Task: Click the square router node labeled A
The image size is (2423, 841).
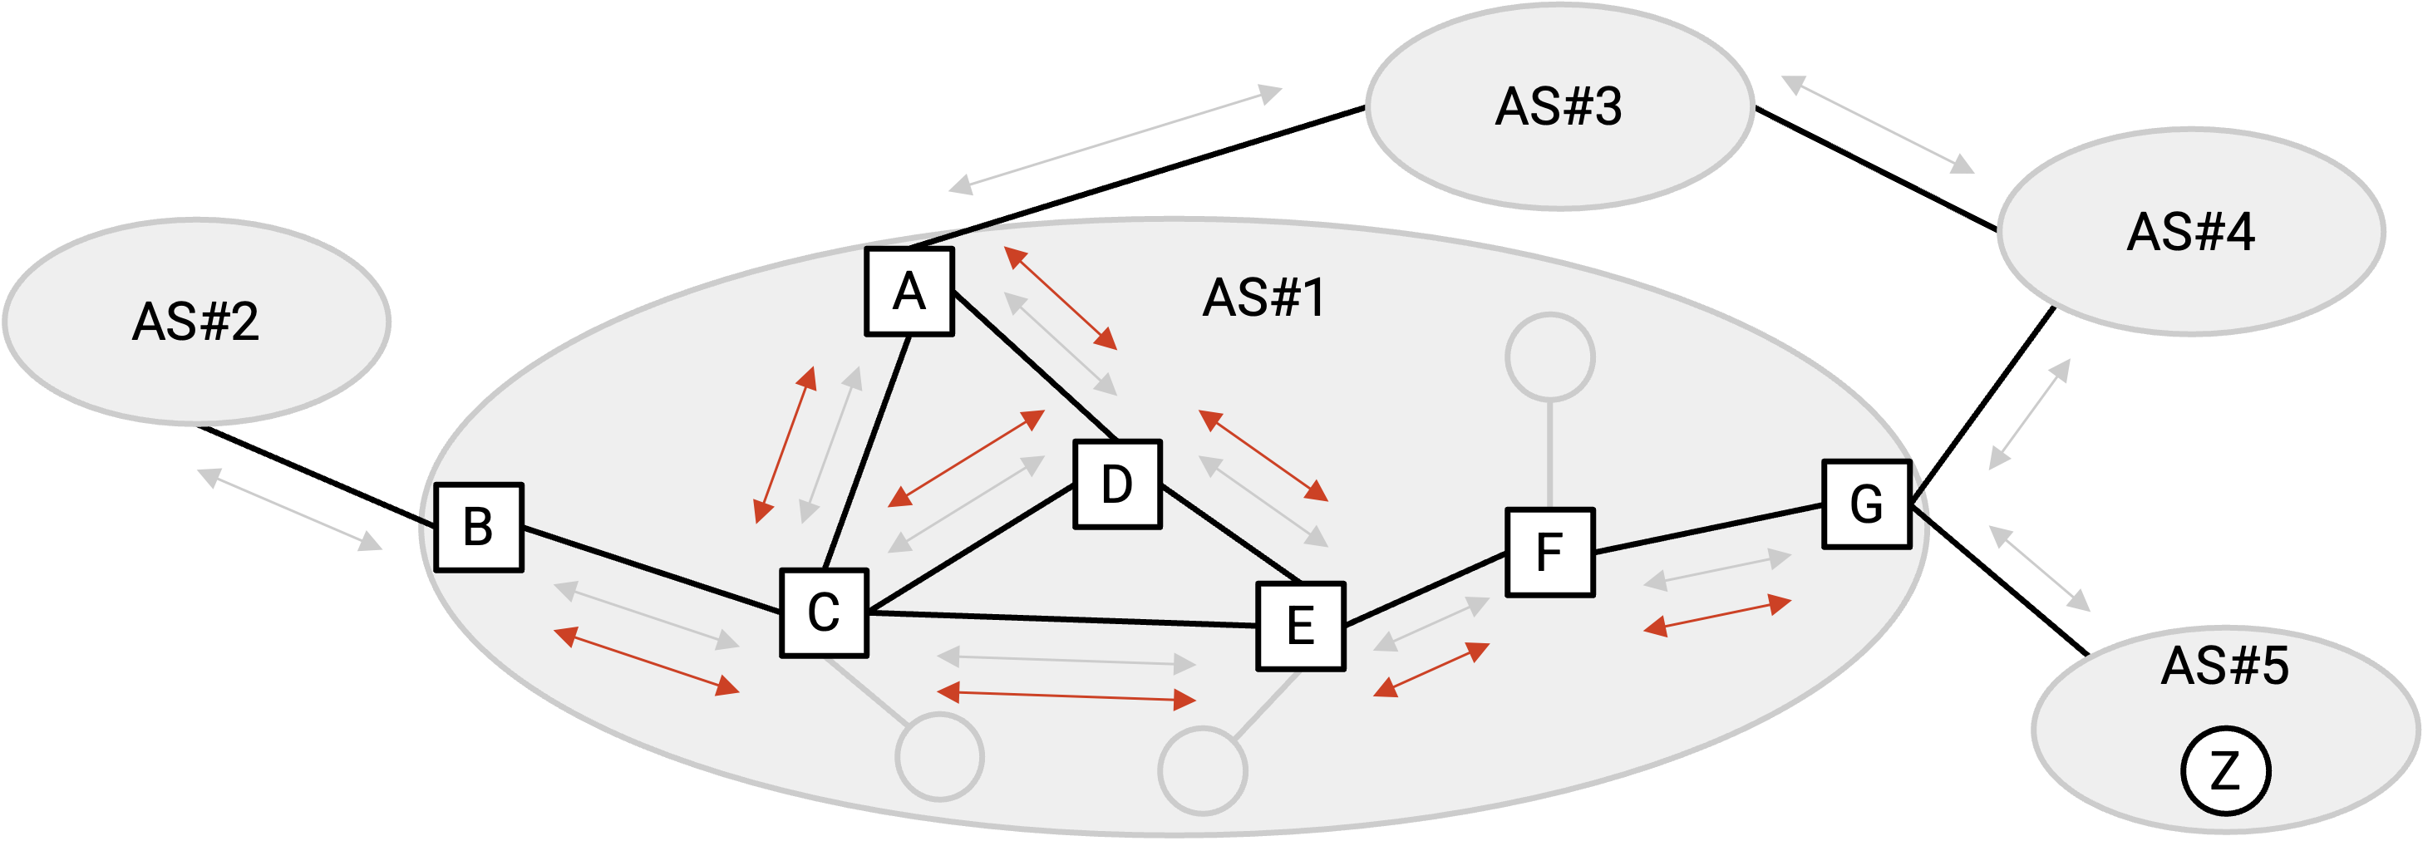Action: pos(909,292)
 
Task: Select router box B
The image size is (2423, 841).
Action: pos(479,528)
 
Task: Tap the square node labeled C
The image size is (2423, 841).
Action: pos(824,613)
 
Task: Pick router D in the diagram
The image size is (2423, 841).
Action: pos(1117,484)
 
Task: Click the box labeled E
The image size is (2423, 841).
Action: pos(1301,627)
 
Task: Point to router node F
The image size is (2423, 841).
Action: pos(1550,552)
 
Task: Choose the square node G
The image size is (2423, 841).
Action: pos(1867,504)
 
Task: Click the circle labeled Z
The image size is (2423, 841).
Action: pos(2225,770)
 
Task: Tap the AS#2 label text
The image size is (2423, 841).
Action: pos(195,322)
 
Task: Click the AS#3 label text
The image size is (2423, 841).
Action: pos(1559,106)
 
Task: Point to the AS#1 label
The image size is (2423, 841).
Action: pos(1264,298)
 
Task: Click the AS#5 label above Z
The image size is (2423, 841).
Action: pos(2224,666)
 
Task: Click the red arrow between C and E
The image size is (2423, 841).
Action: pos(1066,696)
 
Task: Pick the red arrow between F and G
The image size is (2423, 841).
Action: pos(1717,616)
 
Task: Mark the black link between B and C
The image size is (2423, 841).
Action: pos(652,570)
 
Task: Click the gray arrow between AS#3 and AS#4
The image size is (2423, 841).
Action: pos(1879,125)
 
